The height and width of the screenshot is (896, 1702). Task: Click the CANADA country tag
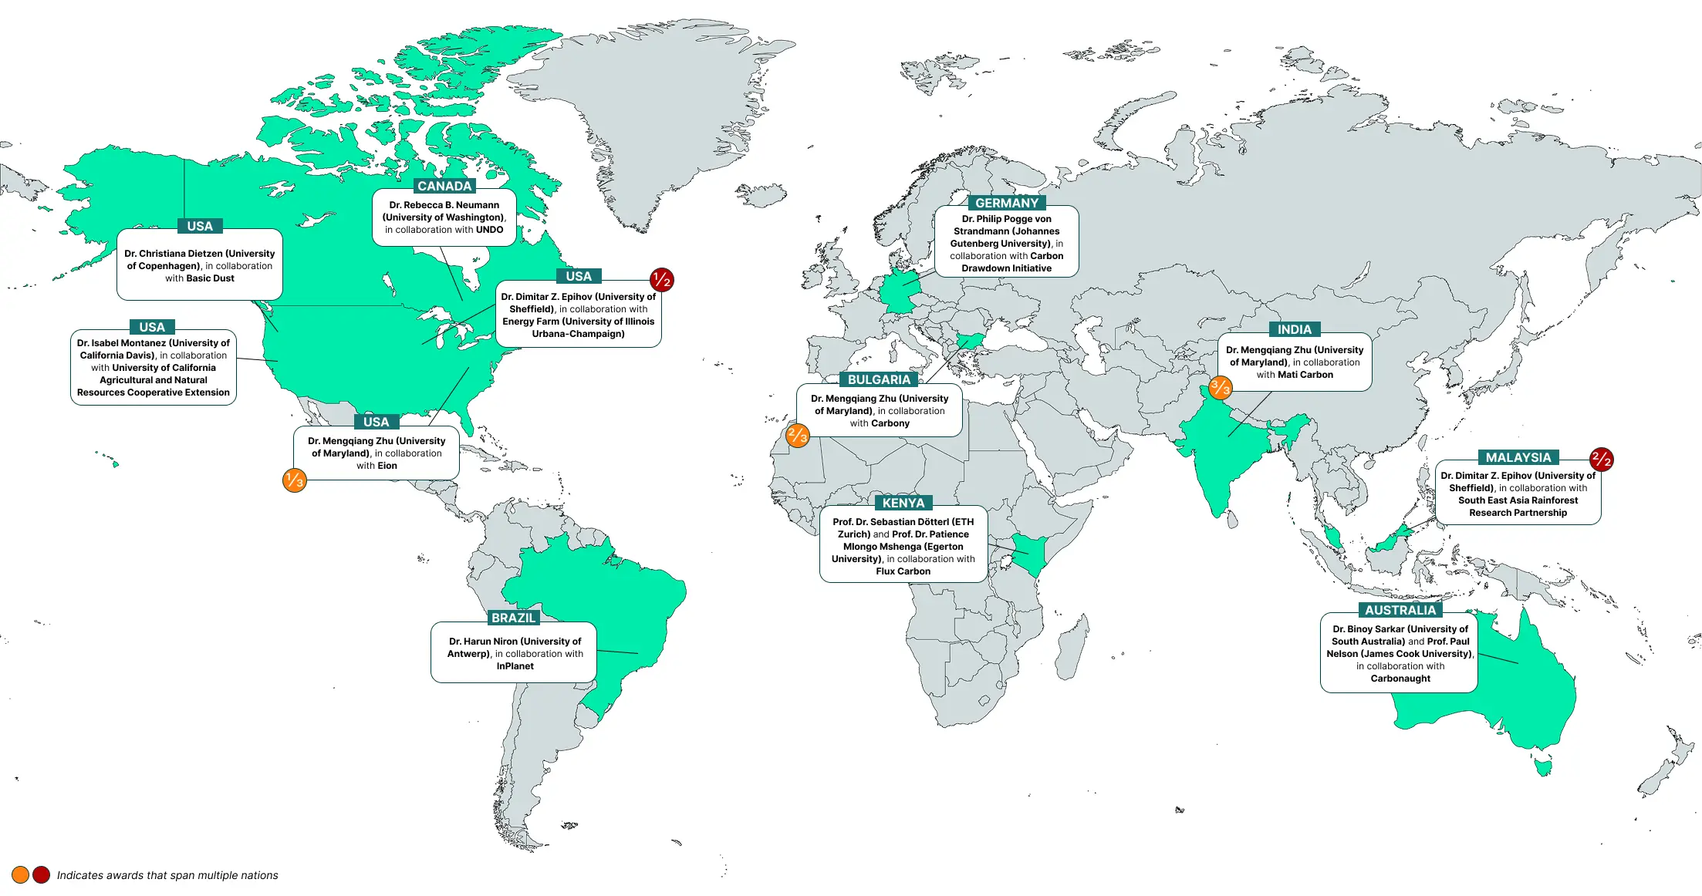(444, 186)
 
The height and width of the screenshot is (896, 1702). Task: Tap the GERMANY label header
(1006, 203)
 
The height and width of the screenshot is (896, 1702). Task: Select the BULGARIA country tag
(879, 379)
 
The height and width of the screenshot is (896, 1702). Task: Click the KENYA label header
(903, 503)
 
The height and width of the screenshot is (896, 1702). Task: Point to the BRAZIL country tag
(513, 618)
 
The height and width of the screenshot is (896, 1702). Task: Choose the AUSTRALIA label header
(1400, 610)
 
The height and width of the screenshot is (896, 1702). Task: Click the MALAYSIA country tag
(1518, 457)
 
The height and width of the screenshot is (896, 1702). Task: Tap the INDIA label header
(1294, 329)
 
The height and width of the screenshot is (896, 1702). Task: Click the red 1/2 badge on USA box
(661, 280)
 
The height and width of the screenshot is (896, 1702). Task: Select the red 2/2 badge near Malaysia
(1601, 460)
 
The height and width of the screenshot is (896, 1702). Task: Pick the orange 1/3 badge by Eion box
(295, 480)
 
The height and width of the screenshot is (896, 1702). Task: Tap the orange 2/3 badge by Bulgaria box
(797, 436)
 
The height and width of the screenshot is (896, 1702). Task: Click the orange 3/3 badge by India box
(1220, 387)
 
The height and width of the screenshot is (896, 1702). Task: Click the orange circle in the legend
(21, 874)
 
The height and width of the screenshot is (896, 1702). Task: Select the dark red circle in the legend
(42, 874)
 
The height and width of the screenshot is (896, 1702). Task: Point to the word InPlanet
(515, 666)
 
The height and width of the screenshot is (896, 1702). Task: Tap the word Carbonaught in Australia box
(1400, 679)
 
